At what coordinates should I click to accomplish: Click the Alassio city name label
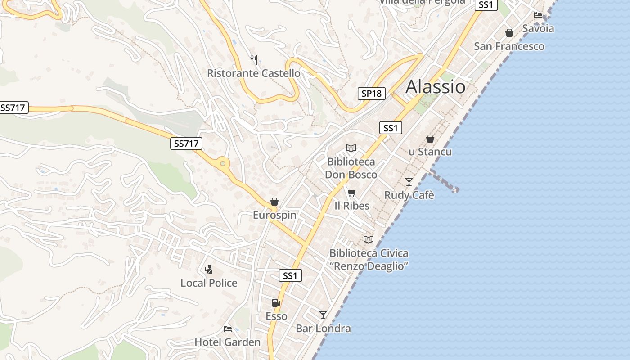pyautogui.click(x=435, y=86)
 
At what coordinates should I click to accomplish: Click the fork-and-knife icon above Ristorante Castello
pyautogui.click(x=254, y=59)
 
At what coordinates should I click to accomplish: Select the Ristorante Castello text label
pyautogui.click(x=254, y=73)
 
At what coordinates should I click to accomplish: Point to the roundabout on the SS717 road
pyautogui.click(x=223, y=163)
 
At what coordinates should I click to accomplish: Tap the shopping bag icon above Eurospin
pyautogui.click(x=274, y=202)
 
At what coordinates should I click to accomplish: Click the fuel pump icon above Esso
pyautogui.click(x=276, y=303)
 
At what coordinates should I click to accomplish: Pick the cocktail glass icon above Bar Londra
pyautogui.click(x=323, y=315)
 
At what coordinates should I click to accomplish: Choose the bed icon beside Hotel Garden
pyautogui.click(x=228, y=329)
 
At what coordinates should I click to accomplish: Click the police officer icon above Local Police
pyautogui.click(x=208, y=270)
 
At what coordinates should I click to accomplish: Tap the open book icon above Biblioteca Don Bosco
pyautogui.click(x=351, y=148)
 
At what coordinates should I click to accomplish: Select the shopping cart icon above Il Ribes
pyautogui.click(x=352, y=193)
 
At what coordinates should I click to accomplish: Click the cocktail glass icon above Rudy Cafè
pyautogui.click(x=409, y=181)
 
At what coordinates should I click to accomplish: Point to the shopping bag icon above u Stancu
pyautogui.click(x=430, y=139)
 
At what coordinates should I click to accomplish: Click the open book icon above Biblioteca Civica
pyautogui.click(x=369, y=239)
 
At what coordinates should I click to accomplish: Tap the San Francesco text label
pyautogui.click(x=509, y=46)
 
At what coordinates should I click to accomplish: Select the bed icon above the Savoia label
pyautogui.click(x=538, y=15)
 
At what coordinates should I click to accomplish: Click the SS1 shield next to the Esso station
pyautogui.click(x=290, y=275)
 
